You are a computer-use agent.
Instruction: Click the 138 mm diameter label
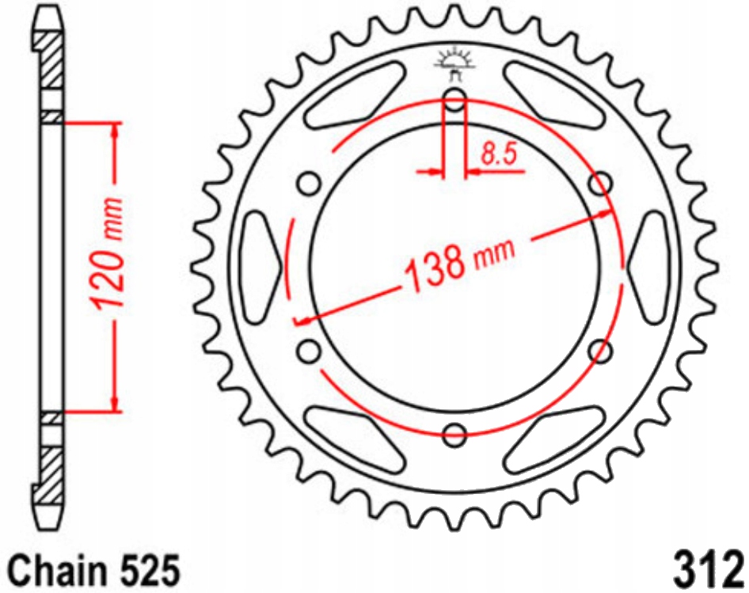pyautogui.click(x=458, y=261)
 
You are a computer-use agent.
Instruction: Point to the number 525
pyautogui.click(x=150, y=569)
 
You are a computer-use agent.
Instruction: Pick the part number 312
pyautogui.click(x=707, y=568)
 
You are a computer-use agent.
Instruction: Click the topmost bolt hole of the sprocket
pyautogui.click(x=455, y=101)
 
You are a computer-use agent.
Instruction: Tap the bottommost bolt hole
pyautogui.click(x=455, y=434)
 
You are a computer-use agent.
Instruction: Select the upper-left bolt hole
pyautogui.click(x=309, y=184)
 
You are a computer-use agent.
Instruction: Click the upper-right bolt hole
pyautogui.click(x=602, y=184)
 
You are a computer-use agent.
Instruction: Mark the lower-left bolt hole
pyautogui.click(x=309, y=350)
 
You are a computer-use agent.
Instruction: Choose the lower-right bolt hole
pyautogui.click(x=602, y=350)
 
